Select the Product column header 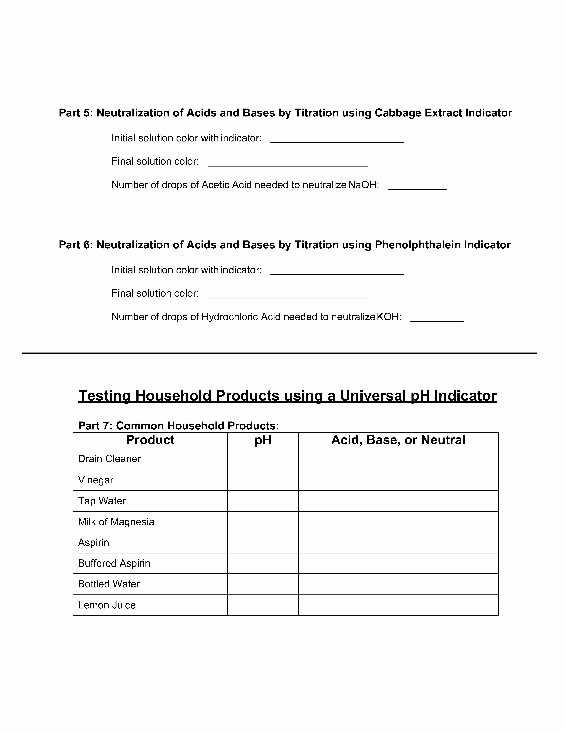point(150,440)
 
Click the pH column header point(263,440)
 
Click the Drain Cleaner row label point(109,459)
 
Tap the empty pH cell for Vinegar point(263,480)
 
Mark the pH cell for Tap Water point(263,501)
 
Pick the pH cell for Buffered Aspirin point(263,563)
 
